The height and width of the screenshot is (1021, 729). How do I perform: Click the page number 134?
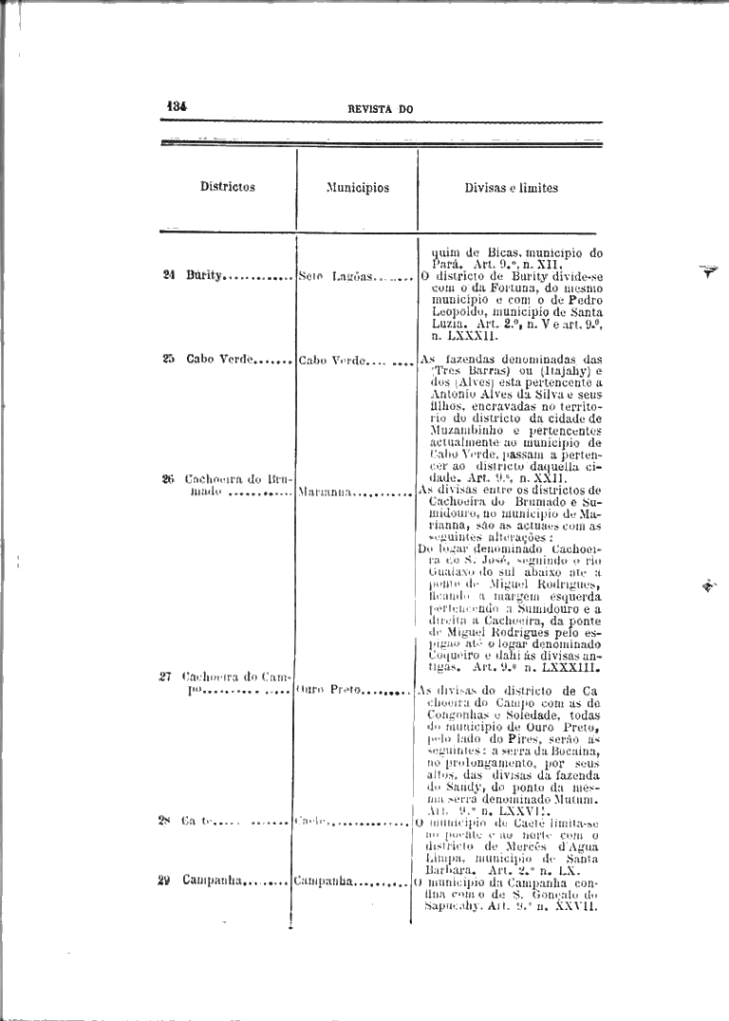click(x=177, y=107)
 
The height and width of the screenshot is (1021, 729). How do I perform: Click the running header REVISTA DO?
click(x=381, y=109)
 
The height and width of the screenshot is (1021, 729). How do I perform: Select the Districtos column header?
click(x=227, y=187)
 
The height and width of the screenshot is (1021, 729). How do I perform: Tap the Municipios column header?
click(x=357, y=188)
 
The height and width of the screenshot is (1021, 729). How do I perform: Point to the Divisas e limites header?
click(x=511, y=188)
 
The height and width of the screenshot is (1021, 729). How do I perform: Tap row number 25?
click(x=168, y=359)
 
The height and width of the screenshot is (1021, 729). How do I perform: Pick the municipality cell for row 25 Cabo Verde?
click(x=328, y=360)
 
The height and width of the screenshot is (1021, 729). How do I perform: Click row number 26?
click(x=168, y=479)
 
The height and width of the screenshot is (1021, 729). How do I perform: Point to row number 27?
click(x=165, y=677)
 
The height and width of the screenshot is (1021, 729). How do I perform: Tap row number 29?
click(x=164, y=881)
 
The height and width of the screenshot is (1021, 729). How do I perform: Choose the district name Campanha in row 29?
click(x=214, y=881)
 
